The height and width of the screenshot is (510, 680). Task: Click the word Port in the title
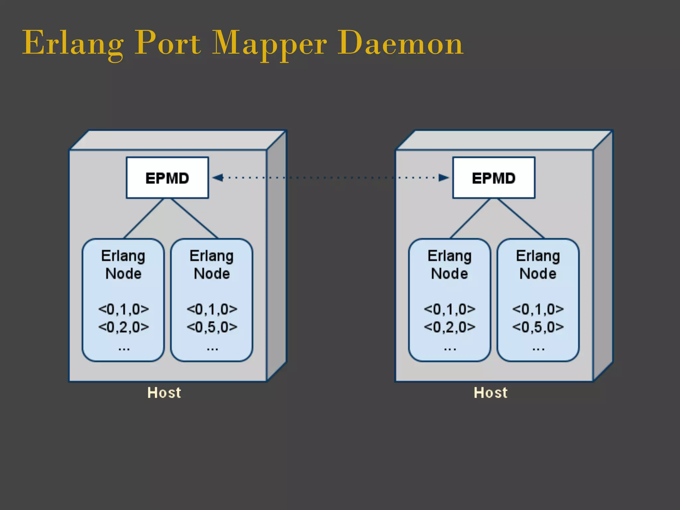coord(168,43)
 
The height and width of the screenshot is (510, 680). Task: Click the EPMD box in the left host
coord(167,178)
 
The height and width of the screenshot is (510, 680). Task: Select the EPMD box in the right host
coord(494,178)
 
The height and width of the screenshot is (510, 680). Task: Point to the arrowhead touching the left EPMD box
coord(217,178)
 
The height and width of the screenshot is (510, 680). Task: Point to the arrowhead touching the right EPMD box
coord(444,178)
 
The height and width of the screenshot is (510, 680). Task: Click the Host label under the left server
coord(164,392)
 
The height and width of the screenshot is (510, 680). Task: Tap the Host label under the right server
coord(491,392)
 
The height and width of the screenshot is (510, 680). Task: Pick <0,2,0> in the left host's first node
coord(124,327)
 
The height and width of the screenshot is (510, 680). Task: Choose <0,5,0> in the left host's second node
coord(212,327)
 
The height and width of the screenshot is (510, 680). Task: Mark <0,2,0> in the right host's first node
coord(450,327)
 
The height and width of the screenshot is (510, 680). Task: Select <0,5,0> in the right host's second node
coord(538,327)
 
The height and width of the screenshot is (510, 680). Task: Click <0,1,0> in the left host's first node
coord(124,309)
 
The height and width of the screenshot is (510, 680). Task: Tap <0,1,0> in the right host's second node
coord(538,309)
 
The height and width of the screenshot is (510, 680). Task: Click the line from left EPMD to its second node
coord(194,218)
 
